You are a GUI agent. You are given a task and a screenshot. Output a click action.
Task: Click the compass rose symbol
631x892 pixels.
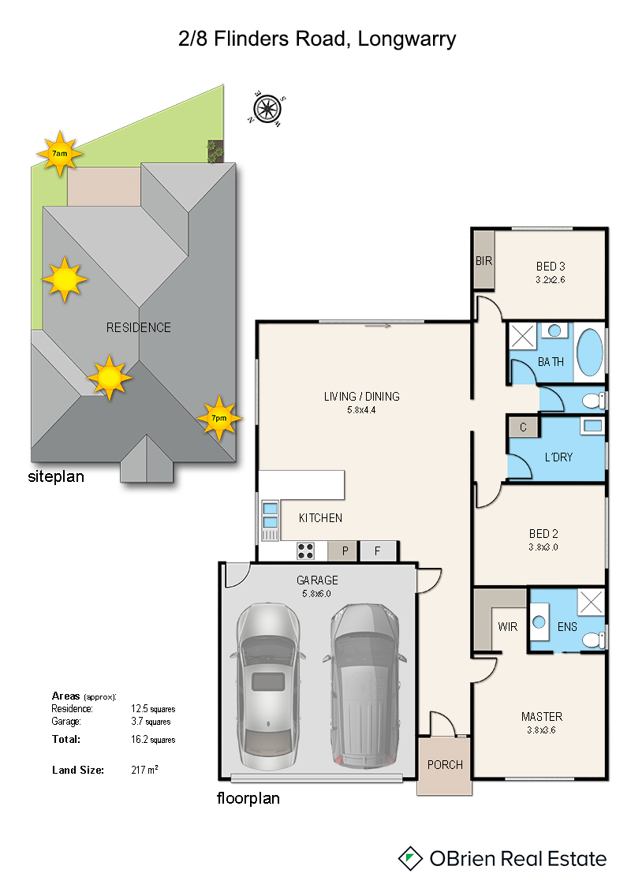coord(267,109)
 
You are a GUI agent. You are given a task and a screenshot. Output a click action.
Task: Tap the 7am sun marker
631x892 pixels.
coord(60,154)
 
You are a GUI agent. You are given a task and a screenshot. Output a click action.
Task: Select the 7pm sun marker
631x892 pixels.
coord(219,418)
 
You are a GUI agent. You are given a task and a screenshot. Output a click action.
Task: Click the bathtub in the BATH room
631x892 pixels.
coord(589,353)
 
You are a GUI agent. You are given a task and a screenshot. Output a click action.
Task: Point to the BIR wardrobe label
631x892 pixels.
coord(484,261)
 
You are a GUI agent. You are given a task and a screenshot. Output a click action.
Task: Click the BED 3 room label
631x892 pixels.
coord(551,267)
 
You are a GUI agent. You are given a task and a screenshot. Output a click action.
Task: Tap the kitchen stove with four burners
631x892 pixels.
coord(305,551)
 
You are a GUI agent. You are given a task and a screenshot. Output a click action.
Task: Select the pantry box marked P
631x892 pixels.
coord(343,551)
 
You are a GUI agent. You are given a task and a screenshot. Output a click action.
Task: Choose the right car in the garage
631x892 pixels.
coord(364,685)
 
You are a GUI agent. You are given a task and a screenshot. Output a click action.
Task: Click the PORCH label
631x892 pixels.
coord(445,765)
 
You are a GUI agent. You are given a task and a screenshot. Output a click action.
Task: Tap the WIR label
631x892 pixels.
coord(507,627)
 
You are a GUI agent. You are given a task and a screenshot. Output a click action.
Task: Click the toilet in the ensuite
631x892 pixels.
coord(594,640)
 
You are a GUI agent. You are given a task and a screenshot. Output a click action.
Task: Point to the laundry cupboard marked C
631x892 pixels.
coord(523,427)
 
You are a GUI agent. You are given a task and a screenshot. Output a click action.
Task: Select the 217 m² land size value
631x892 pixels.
coord(144,770)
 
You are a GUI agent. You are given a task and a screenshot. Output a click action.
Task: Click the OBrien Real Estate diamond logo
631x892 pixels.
coord(409,858)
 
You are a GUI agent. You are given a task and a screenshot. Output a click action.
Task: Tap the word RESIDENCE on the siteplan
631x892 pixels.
coord(138,327)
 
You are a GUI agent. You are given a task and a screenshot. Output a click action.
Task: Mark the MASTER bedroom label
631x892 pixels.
coord(542,717)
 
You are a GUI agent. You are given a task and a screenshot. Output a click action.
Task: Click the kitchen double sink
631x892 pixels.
coord(271,515)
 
